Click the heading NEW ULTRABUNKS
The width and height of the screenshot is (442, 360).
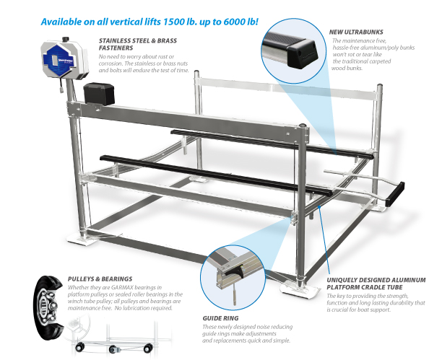click(356, 32)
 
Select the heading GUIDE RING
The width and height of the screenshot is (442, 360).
click(220, 318)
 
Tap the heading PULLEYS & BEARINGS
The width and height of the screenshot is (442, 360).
click(100, 279)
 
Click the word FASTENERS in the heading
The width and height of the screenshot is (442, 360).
click(116, 48)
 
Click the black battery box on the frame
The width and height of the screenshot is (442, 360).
click(99, 94)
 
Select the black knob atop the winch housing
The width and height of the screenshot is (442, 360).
click(66, 38)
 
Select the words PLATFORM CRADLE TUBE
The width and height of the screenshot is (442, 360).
click(365, 287)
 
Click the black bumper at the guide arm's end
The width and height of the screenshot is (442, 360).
click(395, 194)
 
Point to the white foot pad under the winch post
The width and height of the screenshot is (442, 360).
click(80, 240)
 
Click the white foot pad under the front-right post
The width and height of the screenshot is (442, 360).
click(300, 289)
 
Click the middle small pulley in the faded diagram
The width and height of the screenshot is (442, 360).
click(113, 349)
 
